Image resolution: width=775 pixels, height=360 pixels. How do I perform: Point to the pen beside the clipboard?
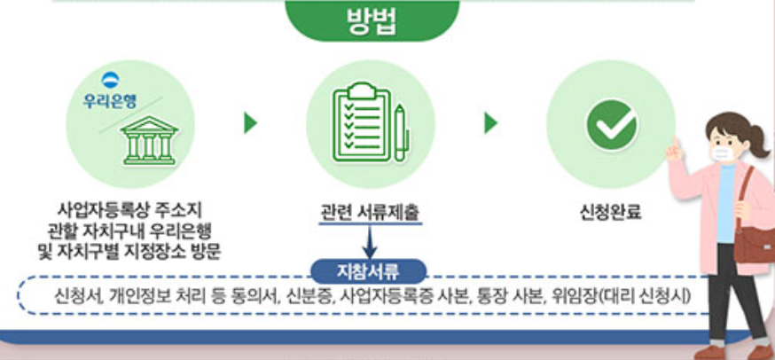tap(400, 133)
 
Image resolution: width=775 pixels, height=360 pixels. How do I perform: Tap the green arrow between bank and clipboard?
tap(250, 122)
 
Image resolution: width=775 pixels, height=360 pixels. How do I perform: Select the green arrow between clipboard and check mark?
tap(490, 122)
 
